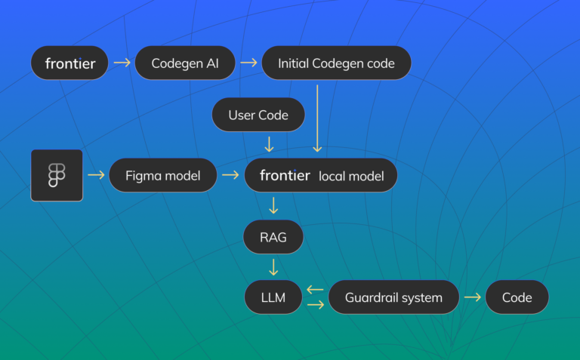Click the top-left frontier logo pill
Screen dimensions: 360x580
point(69,63)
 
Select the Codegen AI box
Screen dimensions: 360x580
point(185,63)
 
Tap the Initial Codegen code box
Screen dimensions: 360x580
point(336,63)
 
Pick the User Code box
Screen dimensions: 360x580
point(258,115)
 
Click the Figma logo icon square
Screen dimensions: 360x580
point(57,175)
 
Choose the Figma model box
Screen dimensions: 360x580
point(162,175)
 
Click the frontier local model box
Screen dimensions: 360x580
point(321,175)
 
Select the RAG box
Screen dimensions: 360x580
point(273,237)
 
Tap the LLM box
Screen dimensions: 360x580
point(273,297)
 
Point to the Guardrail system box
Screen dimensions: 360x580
point(393,297)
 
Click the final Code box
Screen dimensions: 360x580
point(517,297)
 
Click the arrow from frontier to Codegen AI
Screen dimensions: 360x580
point(121,63)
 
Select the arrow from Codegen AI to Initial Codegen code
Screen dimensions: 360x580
point(248,63)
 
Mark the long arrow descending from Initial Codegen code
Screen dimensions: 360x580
point(318,118)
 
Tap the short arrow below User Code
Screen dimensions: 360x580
point(269,143)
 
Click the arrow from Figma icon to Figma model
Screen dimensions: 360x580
point(96,175)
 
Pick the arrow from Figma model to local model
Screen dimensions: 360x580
point(230,175)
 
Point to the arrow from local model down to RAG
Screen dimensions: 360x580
point(273,205)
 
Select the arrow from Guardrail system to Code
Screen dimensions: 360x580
point(473,297)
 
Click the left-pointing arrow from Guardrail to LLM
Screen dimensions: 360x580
point(316,290)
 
